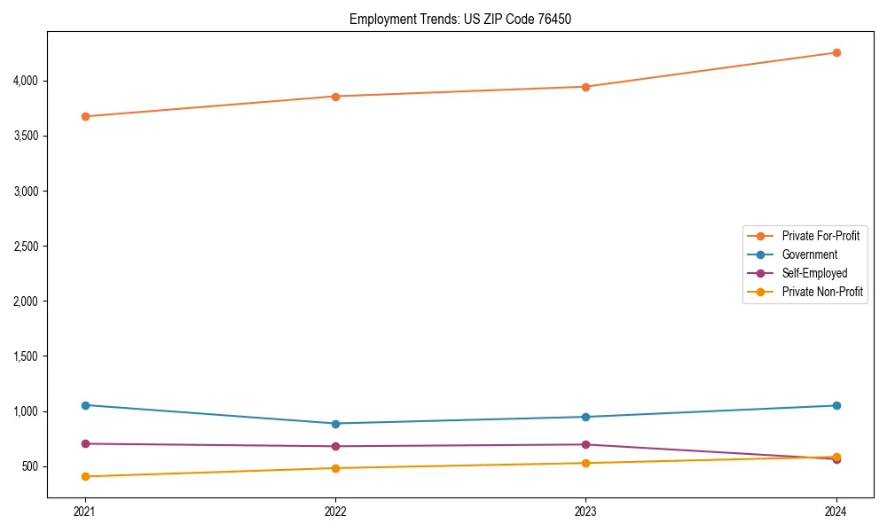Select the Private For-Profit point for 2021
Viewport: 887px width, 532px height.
point(85,116)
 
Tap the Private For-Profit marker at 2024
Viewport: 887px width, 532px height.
point(836,52)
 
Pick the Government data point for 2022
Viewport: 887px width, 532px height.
point(335,424)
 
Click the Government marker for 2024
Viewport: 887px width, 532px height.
point(836,405)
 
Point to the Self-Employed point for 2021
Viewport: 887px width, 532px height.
point(85,443)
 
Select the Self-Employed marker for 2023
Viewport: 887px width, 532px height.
point(585,444)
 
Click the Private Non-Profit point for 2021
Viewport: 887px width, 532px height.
point(85,476)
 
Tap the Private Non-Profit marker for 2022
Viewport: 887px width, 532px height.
point(335,468)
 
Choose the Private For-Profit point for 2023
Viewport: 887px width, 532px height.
point(585,87)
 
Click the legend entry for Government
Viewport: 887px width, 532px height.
point(809,254)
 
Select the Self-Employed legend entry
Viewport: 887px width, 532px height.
point(814,273)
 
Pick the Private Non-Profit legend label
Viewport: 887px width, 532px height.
point(822,292)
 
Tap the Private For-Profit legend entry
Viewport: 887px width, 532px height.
point(820,236)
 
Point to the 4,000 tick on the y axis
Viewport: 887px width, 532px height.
point(25,81)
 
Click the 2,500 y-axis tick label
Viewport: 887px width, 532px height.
point(25,246)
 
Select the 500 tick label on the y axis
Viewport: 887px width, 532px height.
point(30,466)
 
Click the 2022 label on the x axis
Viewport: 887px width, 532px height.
point(335,511)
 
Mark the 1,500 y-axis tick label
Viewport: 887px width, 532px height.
point(25,356)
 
